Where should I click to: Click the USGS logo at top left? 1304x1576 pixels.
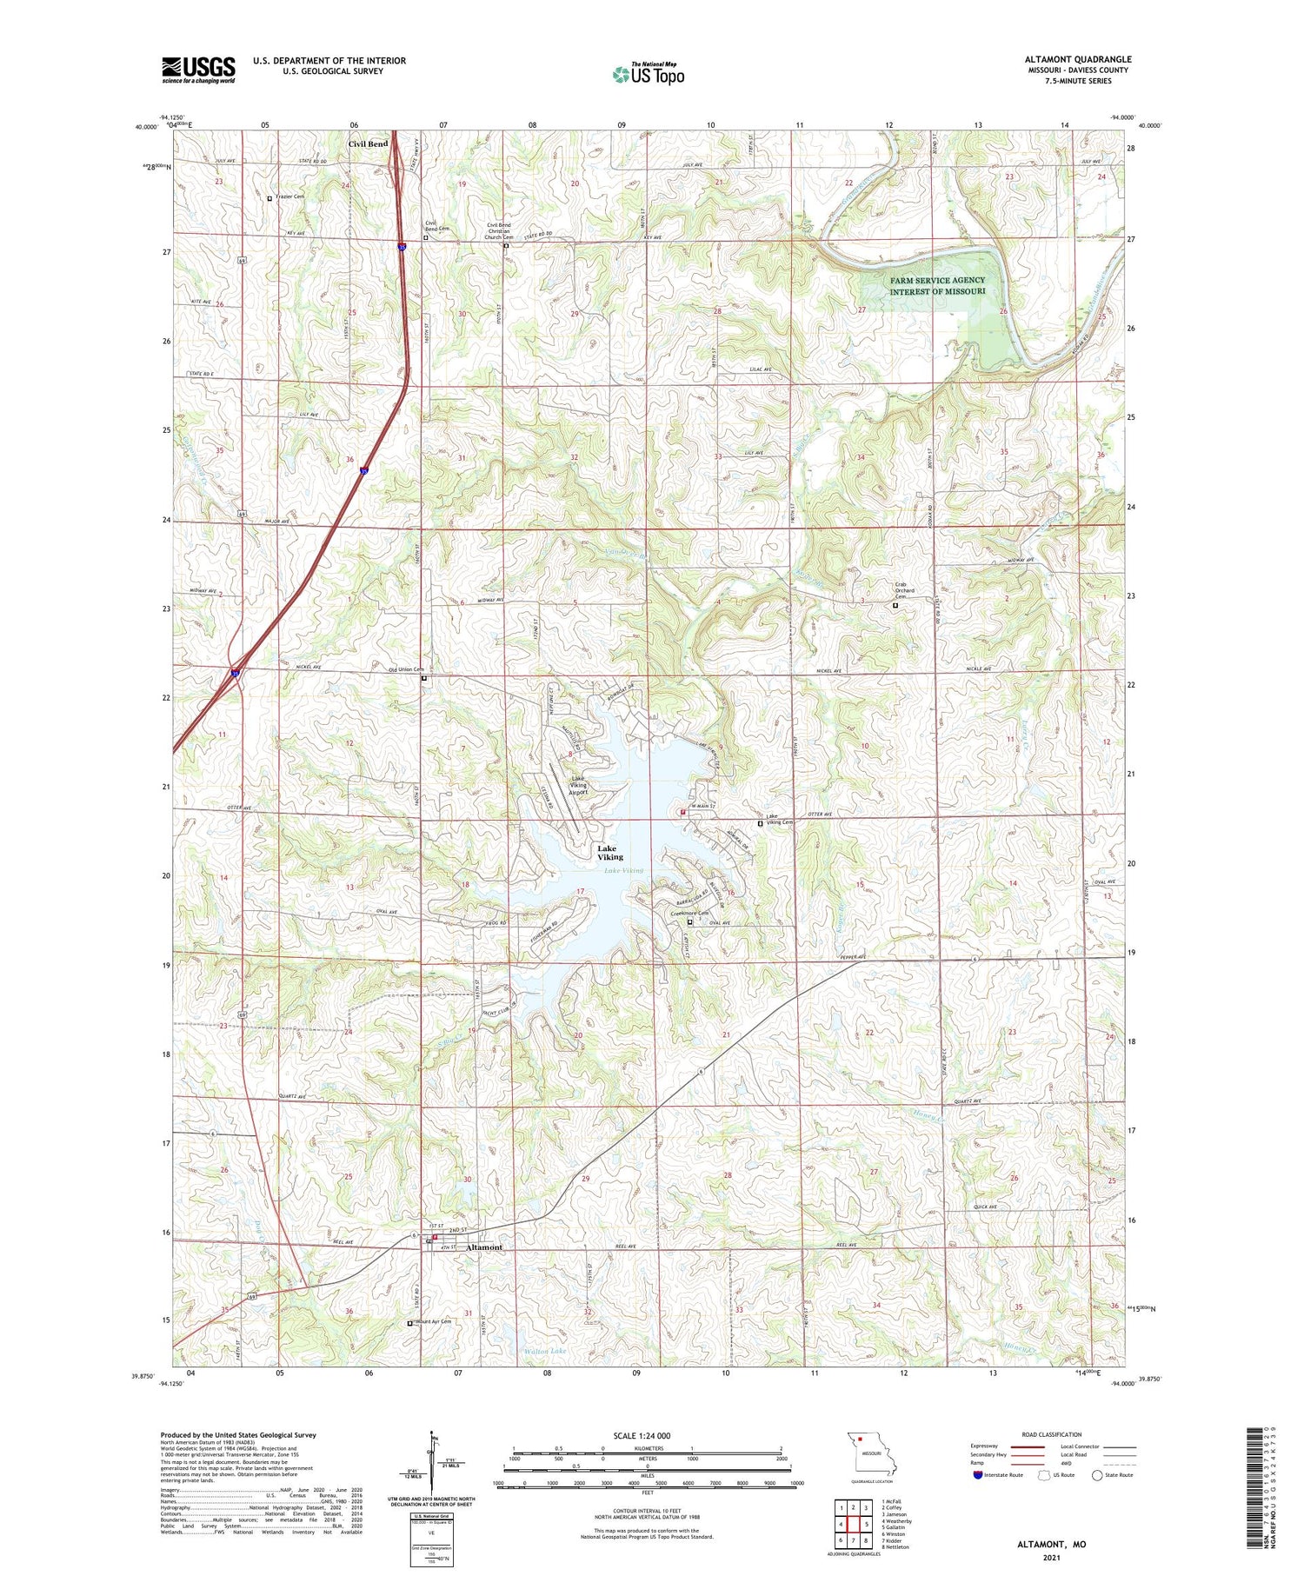(198, 70)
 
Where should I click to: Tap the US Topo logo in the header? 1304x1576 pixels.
(649, 75)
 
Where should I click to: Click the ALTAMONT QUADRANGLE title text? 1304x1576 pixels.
(1077, 60)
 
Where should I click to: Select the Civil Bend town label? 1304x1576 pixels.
(368, 144)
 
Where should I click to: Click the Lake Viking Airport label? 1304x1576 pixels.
(578, 786)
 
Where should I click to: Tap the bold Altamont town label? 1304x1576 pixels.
(484, 1247)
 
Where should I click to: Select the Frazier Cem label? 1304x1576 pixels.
(290, 197)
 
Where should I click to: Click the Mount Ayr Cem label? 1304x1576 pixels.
(433, 1322)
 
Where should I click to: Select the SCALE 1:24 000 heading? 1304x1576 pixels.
(642, 1435)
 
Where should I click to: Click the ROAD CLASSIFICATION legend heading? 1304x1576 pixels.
(1052, 1434)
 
